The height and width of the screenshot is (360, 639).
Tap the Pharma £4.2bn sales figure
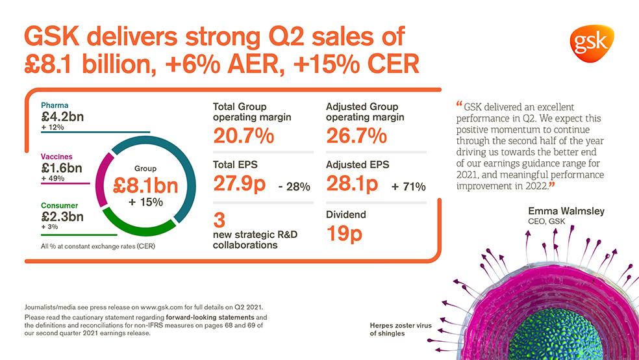tap(63, 117)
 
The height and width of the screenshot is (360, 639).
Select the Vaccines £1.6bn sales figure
tap(61, 168)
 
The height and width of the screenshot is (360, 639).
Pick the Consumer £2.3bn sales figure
tap(61, 217)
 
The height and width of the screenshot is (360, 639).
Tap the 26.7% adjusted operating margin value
tap(357, 136)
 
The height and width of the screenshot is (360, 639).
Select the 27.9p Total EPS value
tap(239, 184)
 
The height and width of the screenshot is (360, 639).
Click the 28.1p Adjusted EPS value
tap(352, 184)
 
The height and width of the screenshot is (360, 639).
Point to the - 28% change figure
tap(294, 187)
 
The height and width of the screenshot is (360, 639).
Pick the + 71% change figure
tap(408, 187)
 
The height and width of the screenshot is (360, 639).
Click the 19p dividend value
tap(344, 233)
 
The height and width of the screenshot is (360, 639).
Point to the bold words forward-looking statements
tap(207, 317)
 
